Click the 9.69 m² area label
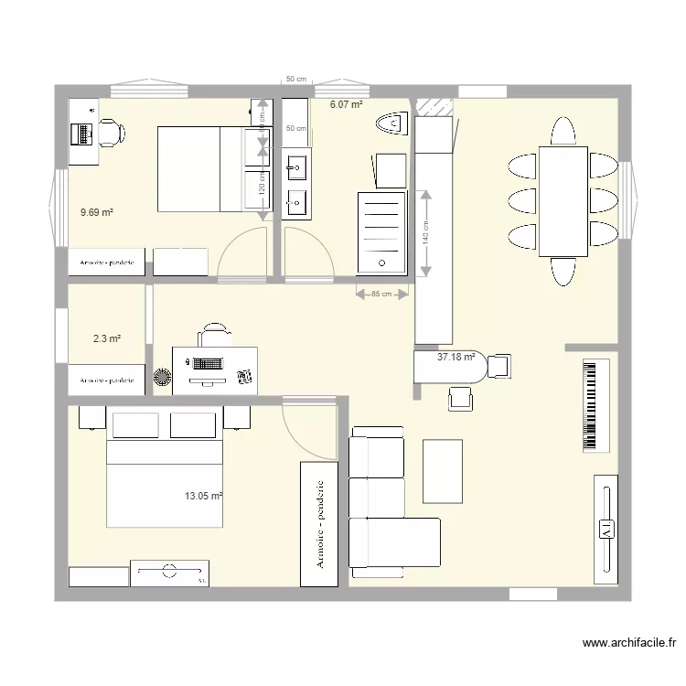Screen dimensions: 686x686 coord(96,212)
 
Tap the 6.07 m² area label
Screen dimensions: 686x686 coord(346,105)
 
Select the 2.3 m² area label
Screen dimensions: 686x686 coord(107,338)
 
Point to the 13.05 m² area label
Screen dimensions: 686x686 coord(203,497)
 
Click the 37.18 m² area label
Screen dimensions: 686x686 coord(456,357)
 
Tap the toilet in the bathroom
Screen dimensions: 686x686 coord(395,122)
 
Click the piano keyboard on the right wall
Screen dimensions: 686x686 coord(595,405)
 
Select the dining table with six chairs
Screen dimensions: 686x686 coord(563,201)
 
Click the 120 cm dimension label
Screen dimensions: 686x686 coord(262,186)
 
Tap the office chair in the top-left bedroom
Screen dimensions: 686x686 coord(112,132)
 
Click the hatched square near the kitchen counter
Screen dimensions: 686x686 coord(434,105)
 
